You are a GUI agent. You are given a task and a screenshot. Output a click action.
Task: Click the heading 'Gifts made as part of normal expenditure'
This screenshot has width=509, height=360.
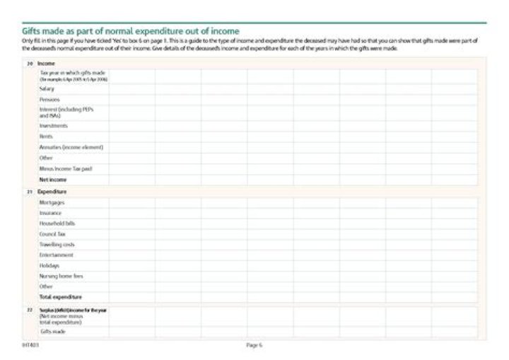coord(131,31)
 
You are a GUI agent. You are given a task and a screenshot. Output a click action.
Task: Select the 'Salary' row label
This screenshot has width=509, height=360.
coord(47,89)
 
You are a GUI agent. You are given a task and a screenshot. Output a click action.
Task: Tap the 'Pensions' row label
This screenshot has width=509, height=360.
coord(49,100)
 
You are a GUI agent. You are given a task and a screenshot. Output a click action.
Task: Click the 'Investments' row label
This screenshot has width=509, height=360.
coord(54,126)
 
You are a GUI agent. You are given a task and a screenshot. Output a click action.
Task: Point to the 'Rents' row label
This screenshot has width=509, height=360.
coord(46,137)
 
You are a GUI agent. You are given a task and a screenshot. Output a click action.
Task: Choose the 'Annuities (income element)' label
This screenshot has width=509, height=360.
coord(71,147)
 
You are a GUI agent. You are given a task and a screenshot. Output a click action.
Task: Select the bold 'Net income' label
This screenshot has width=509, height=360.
coord(53,180)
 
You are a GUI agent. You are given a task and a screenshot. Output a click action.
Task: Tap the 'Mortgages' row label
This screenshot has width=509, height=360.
coord(52,202)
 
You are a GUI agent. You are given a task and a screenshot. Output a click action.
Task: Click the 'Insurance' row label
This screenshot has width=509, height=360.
coord(51,213)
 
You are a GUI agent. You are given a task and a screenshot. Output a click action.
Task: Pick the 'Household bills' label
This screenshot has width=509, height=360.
coord(57,223)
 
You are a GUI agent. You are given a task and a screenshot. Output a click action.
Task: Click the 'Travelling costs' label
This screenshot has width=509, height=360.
coord(57,244)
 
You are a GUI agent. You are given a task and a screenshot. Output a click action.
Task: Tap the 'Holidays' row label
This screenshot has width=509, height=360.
coord(49,265)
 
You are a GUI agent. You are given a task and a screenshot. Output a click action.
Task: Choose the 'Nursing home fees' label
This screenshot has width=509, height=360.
coord(62,276)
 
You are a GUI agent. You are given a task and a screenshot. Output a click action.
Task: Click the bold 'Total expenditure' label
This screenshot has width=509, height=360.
coord(61,297)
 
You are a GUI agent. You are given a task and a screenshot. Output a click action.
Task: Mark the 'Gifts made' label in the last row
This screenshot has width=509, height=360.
coord(53,331)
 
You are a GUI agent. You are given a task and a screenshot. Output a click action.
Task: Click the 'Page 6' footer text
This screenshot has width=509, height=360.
coord(255,345)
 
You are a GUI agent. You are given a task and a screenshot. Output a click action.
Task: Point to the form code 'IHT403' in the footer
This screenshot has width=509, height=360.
coord(30,345)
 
